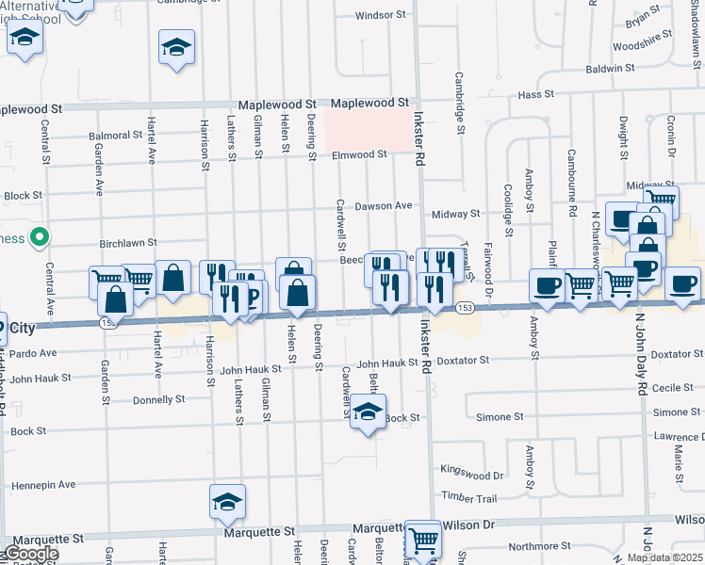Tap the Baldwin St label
609,69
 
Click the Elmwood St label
358,154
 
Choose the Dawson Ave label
383,205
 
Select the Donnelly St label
158,399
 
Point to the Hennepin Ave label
43,485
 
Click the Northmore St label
540,545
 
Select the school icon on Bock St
369,412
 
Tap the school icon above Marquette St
227,503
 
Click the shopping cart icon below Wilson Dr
424,541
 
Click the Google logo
30,554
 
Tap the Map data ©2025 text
665,557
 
